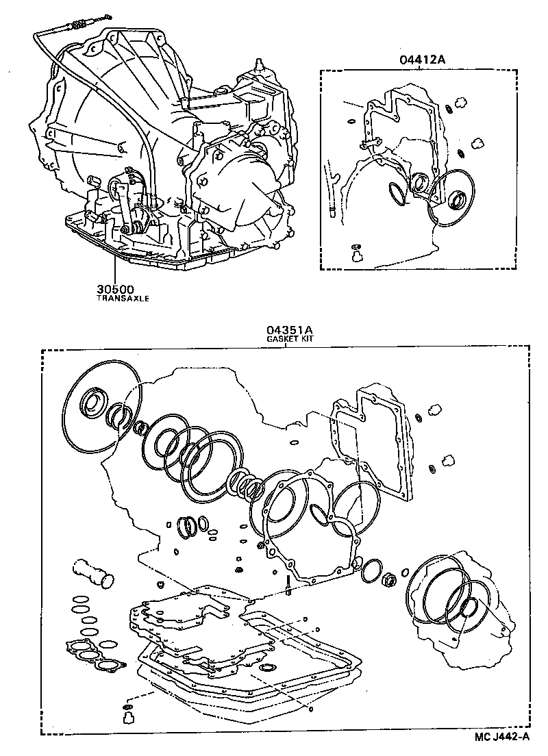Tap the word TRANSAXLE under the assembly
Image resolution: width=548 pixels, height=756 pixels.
(x=123, y=299)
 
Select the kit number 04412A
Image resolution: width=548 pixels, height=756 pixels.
(x=423, y=60)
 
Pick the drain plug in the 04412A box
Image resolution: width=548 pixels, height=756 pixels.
(x=356, y=256)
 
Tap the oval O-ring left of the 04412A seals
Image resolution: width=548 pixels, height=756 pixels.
(x=397, y=192)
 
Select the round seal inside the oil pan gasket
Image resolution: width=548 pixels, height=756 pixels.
(x=267, y=666)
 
